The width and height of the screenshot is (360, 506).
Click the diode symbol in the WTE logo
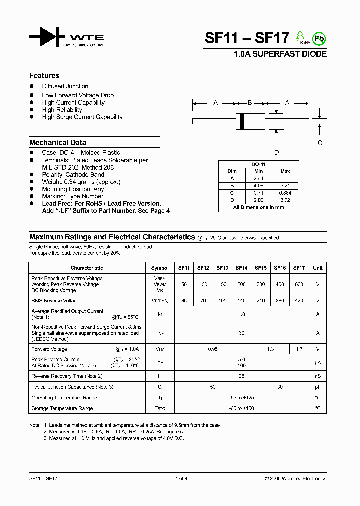tap(46, 37)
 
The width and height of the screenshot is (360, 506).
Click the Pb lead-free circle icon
tap(318, 38)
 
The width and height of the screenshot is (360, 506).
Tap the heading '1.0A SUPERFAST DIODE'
tap(280, 54)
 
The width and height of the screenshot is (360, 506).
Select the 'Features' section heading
tap(44, 76)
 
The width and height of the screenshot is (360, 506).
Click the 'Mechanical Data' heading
tap(58, 142)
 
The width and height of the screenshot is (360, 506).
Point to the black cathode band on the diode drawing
tap(242, 121)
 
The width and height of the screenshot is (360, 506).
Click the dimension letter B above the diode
tap(250, 103)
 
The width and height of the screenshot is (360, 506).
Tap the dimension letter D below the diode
tap(276, 153)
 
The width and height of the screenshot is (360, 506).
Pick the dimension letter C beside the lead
tap(320, 143)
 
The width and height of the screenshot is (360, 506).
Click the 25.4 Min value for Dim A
tap(258, 178)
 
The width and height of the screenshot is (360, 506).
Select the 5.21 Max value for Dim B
tap(285, 185)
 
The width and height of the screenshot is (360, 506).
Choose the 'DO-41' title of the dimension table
tap(258, 165)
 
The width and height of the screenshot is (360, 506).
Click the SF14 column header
tap(241, 268)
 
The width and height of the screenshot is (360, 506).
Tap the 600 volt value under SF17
tap(299, 284)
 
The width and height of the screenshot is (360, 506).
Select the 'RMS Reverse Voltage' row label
tap(55, 301)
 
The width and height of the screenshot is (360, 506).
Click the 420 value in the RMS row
tap(299, 301)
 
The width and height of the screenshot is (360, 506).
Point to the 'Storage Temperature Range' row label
tap(62, 408)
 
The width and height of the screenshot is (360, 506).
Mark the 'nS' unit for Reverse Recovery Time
tap(318, 376)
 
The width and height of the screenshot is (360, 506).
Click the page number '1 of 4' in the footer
tap(181, 479)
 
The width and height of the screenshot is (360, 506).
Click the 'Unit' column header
tap(318, 268)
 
